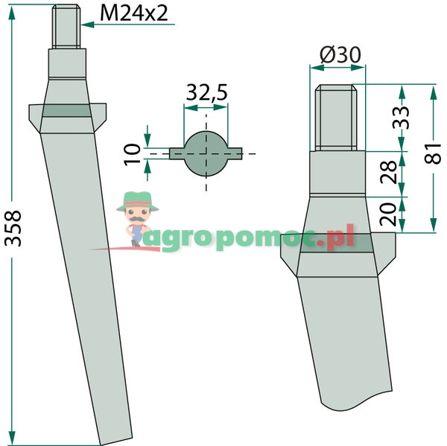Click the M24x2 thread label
pyautogui.click(x=134, y=13)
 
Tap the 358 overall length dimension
pyautogui.click(x=13, y=229)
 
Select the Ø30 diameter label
pyautogui.click(x=340, y=54)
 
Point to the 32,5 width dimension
pyautogui.click(x=206, y=92)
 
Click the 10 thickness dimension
pyautogui.click(x=133, y=154)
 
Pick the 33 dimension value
pyautogui.click(x=401, y=118)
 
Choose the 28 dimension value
pyautogui.click(x=388, y=172)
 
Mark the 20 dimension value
pyautogui.click(x=388, y=214)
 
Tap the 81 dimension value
pyautogui.click(x=432, y=154)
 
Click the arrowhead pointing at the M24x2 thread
pyautogui.click(x=87, y=25)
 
